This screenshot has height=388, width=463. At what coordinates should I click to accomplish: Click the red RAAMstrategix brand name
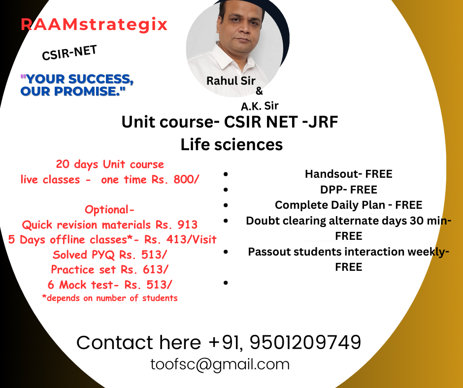tap(94, 25)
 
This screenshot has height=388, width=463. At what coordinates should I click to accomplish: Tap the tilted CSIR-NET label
tap(69, 53)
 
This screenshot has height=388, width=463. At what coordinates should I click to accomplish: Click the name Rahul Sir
tap(231, 81)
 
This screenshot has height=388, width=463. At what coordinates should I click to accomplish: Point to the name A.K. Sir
tap(260, 106)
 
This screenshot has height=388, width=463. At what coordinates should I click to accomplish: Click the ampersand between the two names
tap(259, 91)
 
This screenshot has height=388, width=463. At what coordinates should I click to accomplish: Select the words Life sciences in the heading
tap(231, 145)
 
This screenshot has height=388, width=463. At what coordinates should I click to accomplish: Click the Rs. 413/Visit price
tap(180, 239)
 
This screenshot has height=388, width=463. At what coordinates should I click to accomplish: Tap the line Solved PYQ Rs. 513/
tap(110, 255)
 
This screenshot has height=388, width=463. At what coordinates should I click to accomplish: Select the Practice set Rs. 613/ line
tap(109, 269)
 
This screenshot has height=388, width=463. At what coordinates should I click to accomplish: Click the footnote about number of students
tap(110, 298)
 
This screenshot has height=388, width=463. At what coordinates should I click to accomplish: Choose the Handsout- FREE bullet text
tap(348, 174)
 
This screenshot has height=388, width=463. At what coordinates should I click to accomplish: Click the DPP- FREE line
tap(348, 190)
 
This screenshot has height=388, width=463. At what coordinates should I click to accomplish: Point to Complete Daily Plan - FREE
tap(348, 205)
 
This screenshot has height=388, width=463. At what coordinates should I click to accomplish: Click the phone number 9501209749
tap(305, 343)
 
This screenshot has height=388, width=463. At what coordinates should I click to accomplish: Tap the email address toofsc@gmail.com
tap(220, 364)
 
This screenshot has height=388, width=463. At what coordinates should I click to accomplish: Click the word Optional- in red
tap(109, 210)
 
